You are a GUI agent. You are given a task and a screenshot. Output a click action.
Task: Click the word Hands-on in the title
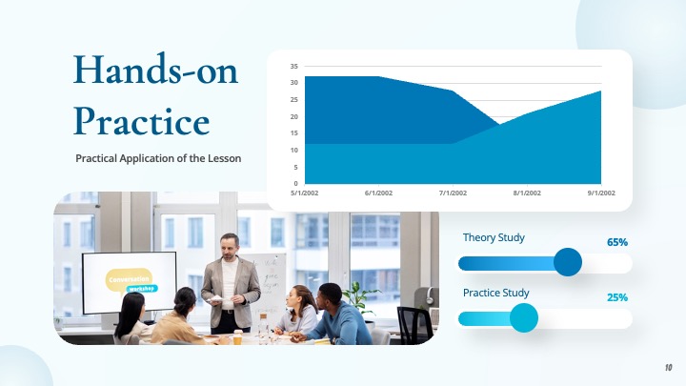[x=156, y=71]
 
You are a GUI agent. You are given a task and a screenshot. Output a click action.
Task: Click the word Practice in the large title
[x=142, y=121]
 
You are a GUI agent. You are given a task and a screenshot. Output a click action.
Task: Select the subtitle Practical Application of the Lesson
[x=158, y=158]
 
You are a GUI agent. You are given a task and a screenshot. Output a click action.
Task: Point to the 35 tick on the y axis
[x=294, y=66]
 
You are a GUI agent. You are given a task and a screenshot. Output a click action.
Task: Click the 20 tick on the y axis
[x=294, y=116]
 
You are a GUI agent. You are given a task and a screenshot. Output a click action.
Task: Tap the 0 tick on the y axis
[x=295, y=183]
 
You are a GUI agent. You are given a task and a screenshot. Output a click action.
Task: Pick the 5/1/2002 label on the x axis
[x=306, y=193]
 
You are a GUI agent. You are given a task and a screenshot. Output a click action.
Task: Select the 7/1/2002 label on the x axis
[x=454, y=193]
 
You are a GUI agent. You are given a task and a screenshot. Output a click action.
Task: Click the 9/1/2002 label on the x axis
[x=601, y=193]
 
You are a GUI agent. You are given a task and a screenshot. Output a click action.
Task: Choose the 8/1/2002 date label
[x=527, y=193]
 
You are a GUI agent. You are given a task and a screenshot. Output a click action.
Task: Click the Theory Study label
[x=494, y=237]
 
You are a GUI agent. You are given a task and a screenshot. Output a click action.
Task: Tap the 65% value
[x=616, y=242]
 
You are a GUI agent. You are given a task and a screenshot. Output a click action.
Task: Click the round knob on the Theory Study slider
[x=568, y=262]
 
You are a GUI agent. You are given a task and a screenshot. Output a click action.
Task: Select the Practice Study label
[x=495, y=293]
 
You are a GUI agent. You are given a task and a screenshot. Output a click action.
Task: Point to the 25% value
[x=616, y=297]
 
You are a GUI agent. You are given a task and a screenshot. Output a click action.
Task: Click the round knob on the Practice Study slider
[x=524, y=317]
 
